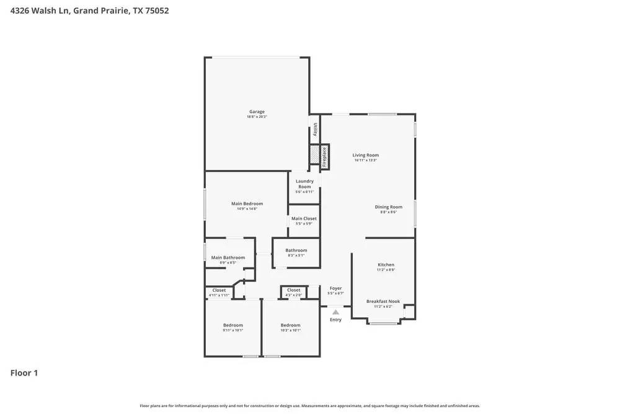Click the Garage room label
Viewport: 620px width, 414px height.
point(257,112)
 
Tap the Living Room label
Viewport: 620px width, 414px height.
point(365,155)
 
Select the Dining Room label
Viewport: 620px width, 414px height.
point(388,207)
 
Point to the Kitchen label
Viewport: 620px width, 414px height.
point(386,264)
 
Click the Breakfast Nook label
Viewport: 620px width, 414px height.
point(383,301)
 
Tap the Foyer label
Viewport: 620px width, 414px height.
point(335,288)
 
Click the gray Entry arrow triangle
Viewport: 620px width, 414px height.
point(335,312)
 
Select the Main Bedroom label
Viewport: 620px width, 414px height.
point(247,204)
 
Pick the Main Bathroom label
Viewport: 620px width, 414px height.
point(228,258)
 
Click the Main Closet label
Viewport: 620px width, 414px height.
point(304,218)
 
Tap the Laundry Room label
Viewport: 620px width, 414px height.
point(304,184)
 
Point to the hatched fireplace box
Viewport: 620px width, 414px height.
point(314,153)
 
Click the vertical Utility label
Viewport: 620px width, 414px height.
point(315,130)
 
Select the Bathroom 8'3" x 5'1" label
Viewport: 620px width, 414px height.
point(296,250)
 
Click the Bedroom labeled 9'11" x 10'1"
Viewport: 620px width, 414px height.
point(232,325)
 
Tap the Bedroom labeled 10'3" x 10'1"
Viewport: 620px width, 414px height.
point(290,325)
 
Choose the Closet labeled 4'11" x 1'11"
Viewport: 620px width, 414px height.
point(219,290)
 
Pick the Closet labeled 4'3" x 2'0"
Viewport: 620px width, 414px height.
point(293,290)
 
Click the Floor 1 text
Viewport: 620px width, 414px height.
point(24,373)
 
